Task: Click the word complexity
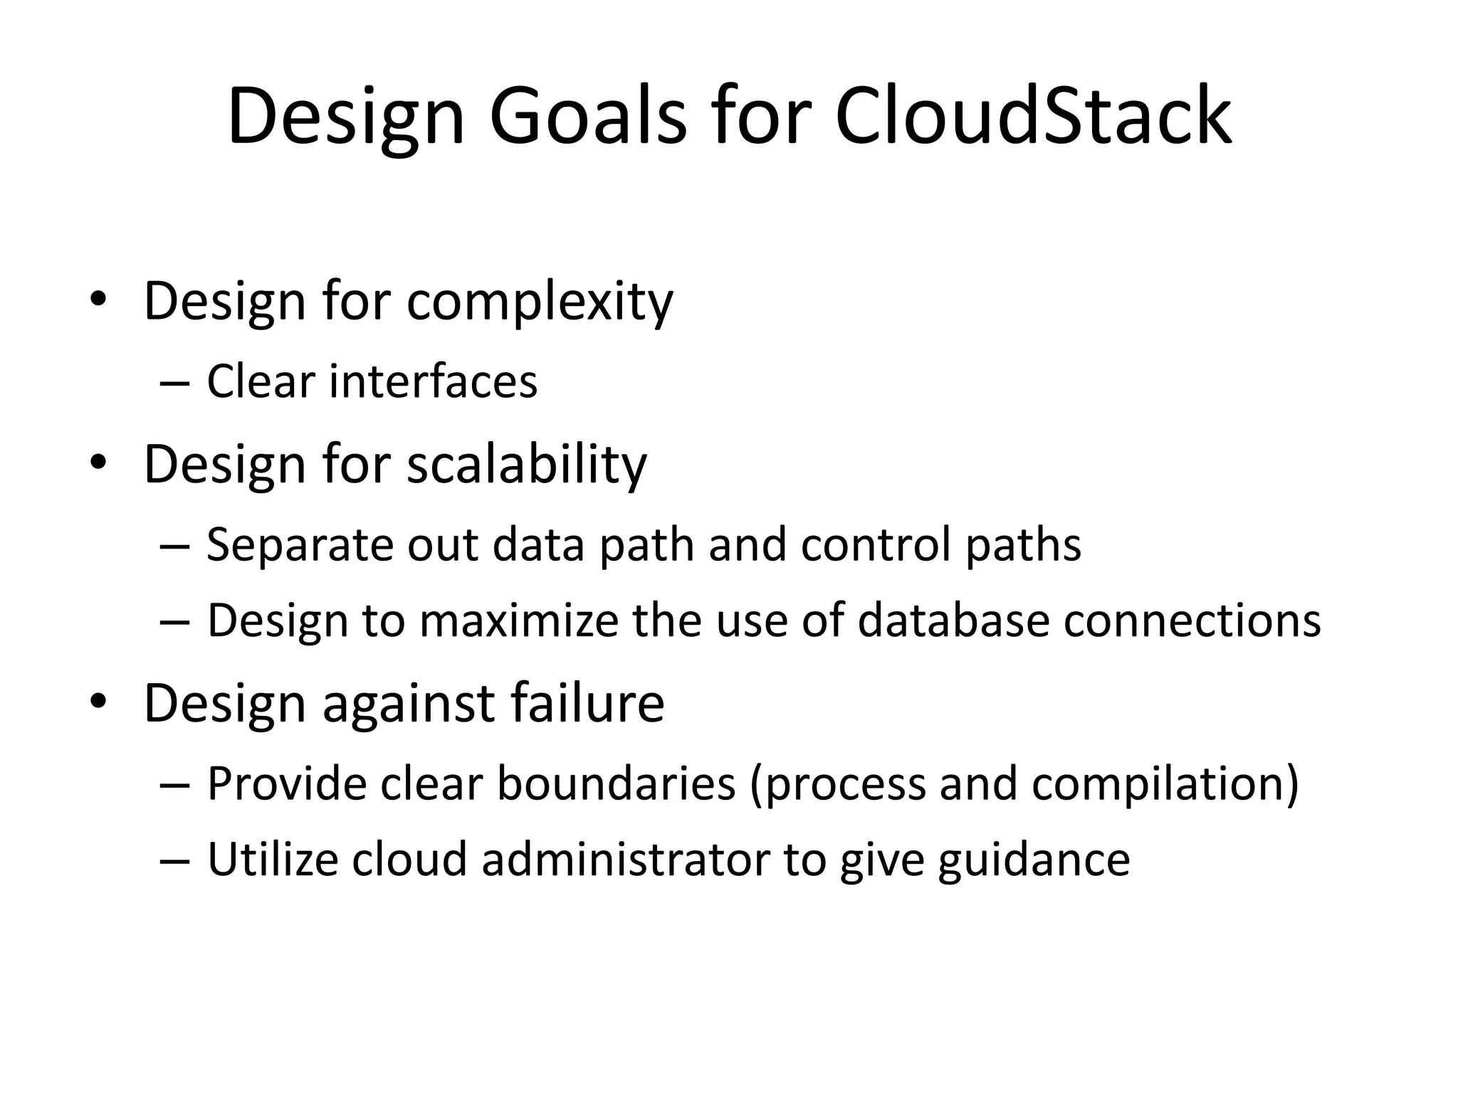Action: pos(539,302)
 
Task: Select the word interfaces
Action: pos(433,381)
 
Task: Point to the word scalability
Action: pos(526,464)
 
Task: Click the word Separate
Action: pos(300,545)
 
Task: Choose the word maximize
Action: pos(519,621)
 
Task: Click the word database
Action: pos(953,621)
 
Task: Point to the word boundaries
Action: pos(616,784)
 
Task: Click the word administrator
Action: pos(626,860)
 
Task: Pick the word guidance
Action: pos(1034,860)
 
